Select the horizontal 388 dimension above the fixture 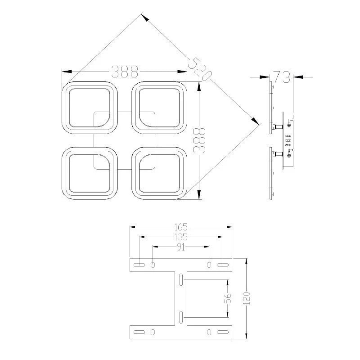(x=125, y=72)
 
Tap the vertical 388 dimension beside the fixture (x=199, y=140)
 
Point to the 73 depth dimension (x=282, y=77)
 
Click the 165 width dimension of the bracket (x=181, y=227)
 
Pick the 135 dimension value (x=181, y=237)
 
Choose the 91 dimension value (x=181, y=247)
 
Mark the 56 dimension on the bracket (x=228, y=298)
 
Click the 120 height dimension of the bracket (x=246, y=298)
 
